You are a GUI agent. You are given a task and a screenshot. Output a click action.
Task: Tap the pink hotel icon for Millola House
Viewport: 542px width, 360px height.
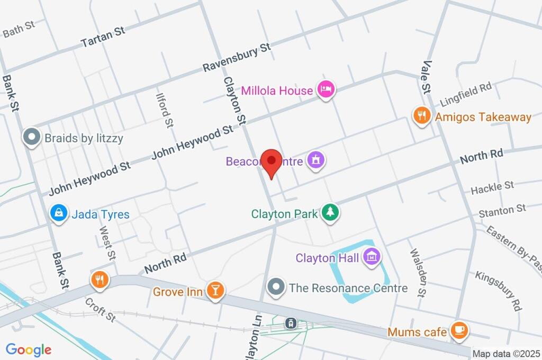[326, 90]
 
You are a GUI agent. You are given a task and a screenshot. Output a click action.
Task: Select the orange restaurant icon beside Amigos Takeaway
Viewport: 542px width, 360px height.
[421, 116]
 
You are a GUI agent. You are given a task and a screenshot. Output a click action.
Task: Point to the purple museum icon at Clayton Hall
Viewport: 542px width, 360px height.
[372, 258]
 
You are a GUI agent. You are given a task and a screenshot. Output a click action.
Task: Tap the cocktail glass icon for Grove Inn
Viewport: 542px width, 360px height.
[215, 291]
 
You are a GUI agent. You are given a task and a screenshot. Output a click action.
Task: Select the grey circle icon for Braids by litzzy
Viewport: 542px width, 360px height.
[32, 138]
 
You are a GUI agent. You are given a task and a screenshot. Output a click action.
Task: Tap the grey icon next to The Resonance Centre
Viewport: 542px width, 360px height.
[276, 287]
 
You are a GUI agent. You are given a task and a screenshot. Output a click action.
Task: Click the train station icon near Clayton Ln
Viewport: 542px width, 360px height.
[290, 323]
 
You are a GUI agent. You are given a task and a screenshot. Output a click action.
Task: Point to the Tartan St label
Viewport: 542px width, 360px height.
[103, 37]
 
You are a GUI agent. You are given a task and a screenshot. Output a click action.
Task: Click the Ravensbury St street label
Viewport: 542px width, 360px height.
[237, 58]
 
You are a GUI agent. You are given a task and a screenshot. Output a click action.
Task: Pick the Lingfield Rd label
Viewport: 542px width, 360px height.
[466, 94]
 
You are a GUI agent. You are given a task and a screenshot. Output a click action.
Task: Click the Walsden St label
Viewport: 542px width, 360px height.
[417, 273]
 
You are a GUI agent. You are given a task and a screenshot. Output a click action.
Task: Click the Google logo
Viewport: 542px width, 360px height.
[29, 349]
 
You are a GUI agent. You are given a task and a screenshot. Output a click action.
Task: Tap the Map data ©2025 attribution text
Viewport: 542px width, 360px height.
[506, 354]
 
